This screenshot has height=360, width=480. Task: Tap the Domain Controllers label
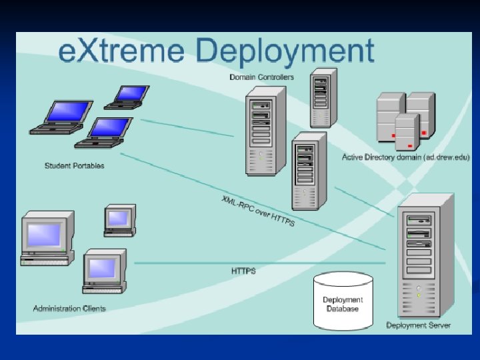tap(261, 77)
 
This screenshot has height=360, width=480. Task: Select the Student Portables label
tap(75, 165)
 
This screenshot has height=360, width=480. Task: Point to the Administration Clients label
tap(69, 309)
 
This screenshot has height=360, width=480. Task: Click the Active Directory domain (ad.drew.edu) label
tap(406, 157)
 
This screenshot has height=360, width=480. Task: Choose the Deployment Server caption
tap(418, 325)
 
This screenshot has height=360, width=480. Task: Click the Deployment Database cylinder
tap(343, 302)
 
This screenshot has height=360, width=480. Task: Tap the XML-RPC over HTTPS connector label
tap(258, 210)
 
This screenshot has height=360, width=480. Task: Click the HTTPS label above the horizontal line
tap(243, 271)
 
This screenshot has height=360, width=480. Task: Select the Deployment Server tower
tap(425, 257)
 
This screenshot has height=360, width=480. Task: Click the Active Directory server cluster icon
tap(405, 119)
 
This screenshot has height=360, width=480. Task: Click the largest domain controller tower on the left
tap(265, 132)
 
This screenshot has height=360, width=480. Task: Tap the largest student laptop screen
tap(64, 111)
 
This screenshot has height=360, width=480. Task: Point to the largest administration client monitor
tap(44, 235)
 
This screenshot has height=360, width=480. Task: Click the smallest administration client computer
tap(119, 219)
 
